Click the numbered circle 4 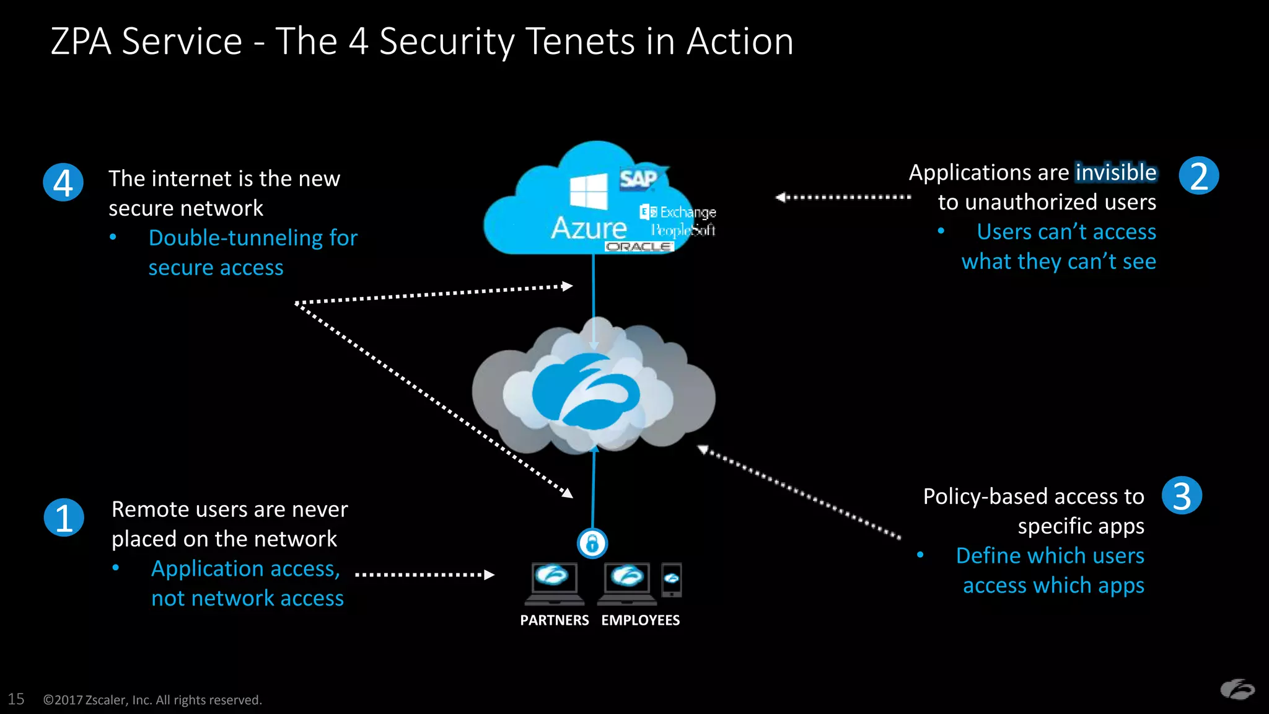point(63,182)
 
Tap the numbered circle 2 point(1199,176)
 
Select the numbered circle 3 point(1182,496)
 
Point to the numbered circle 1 point(64,518)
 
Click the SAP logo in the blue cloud point(639,179)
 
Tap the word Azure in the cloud point(589,228)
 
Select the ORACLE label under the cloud point(638,247)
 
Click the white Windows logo point(589,192)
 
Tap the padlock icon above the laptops point(592,544)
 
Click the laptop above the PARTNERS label point(554,583)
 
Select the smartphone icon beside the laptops point(672,580)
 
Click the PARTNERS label point(554,620)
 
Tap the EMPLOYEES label point(640,620)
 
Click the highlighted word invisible point(1115,172)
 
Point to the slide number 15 point(16,699)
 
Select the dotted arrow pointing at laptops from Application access point(424,575)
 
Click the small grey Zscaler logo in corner point(1237,689)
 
